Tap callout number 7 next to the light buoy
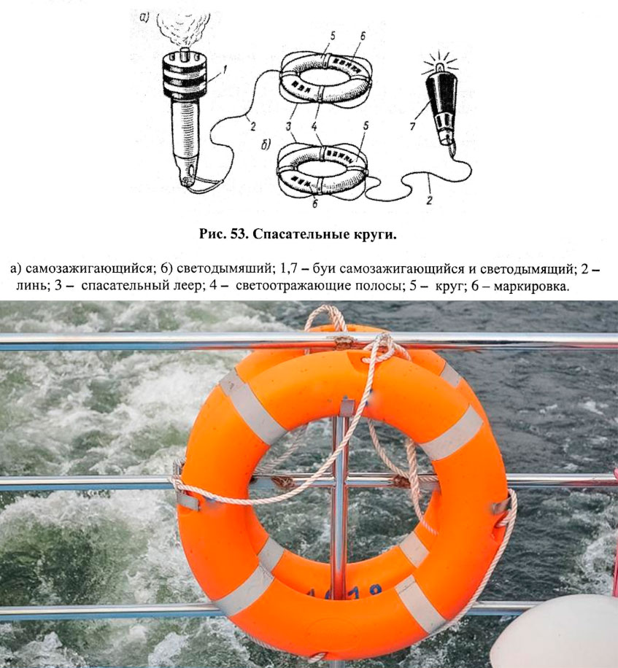[x=412, y=127]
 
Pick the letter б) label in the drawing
[x=266, y=145]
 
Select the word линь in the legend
[x=32, y=287]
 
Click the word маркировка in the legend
[x=530, y=287]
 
